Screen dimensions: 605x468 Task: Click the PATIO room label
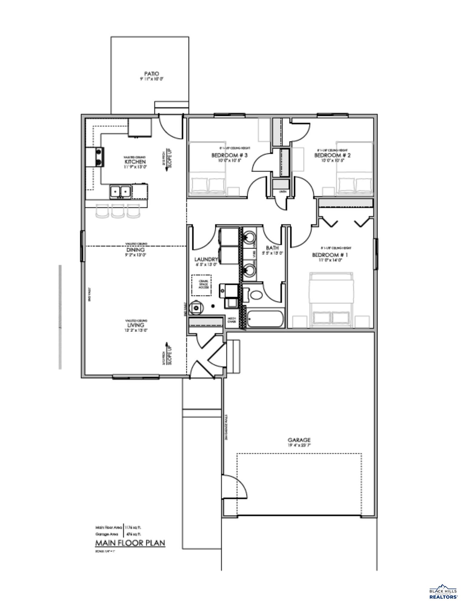151,74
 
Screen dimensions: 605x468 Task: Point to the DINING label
135,250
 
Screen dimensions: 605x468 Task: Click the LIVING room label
136,325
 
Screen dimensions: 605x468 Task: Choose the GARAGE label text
299,440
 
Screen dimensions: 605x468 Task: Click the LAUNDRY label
206,259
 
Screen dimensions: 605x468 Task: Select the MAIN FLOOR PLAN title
130,543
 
